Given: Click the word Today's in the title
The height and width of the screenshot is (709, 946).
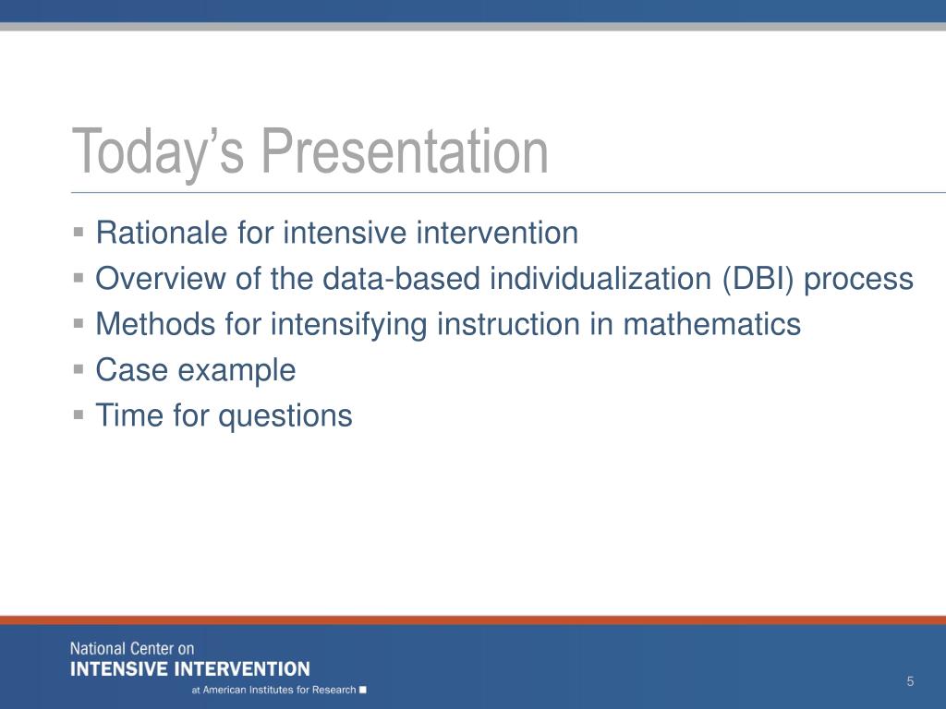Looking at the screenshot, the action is [158, 152].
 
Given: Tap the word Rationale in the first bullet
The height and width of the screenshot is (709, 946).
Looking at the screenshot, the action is [162, 233].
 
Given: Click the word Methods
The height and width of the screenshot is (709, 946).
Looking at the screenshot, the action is [155, 324].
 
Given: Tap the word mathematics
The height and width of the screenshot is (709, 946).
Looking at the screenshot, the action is [712, 324].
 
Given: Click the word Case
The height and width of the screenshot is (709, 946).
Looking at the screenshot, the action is [132, 369].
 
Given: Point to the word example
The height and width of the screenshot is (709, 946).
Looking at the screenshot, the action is [236, 371].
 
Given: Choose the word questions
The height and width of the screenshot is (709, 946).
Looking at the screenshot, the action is [285, 416].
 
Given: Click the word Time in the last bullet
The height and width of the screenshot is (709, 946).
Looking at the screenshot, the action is [129, 415].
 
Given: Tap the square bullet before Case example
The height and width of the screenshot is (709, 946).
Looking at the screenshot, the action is [79, 368].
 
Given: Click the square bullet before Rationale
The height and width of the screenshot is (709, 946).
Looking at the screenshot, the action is [79, 232].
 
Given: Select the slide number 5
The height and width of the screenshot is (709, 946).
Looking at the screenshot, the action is [910, 681].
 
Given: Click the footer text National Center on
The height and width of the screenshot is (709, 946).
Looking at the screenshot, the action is [132, 649].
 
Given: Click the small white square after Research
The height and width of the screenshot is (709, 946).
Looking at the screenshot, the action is [362, 690].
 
